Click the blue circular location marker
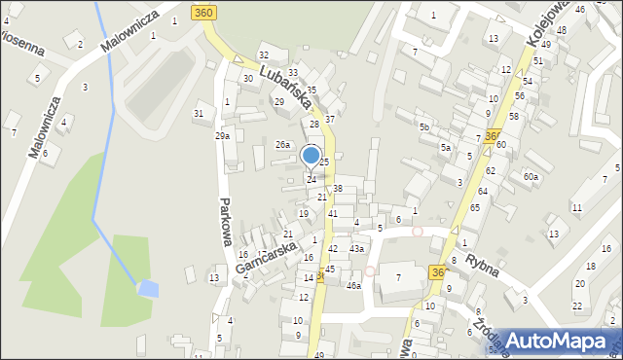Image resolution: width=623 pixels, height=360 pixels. [311, 155]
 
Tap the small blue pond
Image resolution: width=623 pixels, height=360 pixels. [148, 288]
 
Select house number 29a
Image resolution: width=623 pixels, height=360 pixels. [222, 136]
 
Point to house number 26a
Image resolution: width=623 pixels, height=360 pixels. [282, 145]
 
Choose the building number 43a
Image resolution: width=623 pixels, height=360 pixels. [357, 249]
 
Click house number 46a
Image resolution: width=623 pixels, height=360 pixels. [353, 285]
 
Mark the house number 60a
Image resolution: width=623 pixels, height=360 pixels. [531, 177]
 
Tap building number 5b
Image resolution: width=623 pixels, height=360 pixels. [423, 127]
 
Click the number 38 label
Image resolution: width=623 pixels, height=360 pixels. [338, 188]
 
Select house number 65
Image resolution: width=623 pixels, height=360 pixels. [475, 207]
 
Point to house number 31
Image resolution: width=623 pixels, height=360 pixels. [199, 114]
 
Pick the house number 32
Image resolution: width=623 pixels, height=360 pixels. [264, 54]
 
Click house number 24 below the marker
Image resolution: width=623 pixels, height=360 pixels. [311, 179]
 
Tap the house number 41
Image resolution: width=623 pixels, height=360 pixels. [333, 212]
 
